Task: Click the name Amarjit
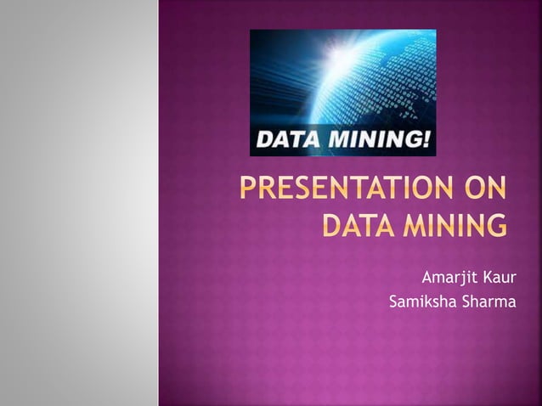tap(451, 276)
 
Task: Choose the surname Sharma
tap(488, 300)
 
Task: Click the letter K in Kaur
tap(488, 276)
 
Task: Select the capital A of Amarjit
tap(428, 276)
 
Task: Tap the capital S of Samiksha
tap(393, 300)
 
